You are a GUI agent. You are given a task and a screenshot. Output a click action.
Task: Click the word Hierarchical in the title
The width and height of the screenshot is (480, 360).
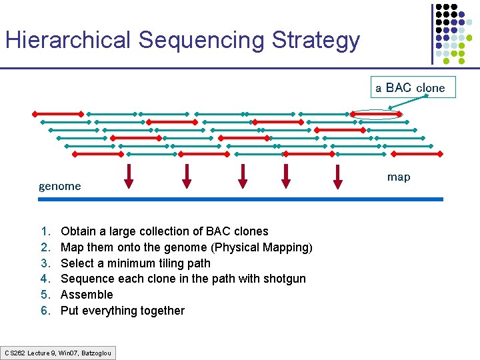pos(68,40)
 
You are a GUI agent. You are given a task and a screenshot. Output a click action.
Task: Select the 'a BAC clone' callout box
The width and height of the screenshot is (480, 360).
pos(410,87)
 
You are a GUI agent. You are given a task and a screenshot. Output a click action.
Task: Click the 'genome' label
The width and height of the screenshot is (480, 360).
pos(59,186)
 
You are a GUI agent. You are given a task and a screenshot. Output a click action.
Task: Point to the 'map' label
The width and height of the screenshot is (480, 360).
pos(399,177)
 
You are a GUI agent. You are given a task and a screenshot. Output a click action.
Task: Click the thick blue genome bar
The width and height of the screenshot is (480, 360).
pos(240,199)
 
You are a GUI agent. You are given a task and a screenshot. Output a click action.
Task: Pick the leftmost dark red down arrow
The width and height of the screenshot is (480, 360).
pos(129,175)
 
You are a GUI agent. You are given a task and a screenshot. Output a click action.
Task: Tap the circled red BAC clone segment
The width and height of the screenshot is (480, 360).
pos(377,114)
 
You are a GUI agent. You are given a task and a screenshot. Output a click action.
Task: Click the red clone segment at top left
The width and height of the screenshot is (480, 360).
pos(57,113)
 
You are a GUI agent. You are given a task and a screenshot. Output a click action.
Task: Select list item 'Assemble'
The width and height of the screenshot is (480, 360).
pos(87,295)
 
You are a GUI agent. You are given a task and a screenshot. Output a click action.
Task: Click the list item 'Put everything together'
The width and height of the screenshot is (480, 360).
pos(123,311)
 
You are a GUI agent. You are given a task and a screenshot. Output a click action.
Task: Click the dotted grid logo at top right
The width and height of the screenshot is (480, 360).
pos(456,33)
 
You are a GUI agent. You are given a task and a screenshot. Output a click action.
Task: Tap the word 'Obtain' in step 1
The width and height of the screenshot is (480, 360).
pos(77,231)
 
